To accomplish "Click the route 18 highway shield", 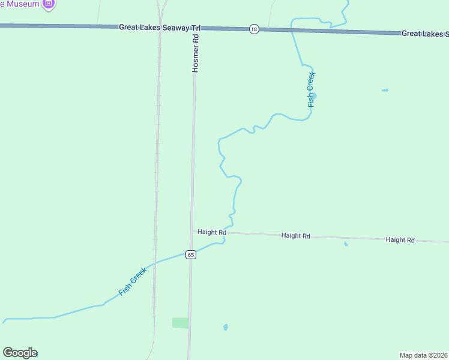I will [x=255, y=29].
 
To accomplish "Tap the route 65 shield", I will [x=190, y=254].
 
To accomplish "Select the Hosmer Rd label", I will [x=195, y=53].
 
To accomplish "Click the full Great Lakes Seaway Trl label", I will [x=159, y=28].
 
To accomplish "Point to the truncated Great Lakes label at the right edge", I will [x=425, y=34].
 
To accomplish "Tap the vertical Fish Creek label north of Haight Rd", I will [x=311, y=89].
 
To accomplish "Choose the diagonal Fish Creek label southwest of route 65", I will [x=133, y=281].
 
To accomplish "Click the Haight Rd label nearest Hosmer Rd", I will [x=212, y=232].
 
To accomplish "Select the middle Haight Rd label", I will [x=295, y=236].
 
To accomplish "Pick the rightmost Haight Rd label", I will [x=400, y=239].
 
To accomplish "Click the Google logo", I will [x=20, y=353].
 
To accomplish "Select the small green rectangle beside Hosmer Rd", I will [x=180, y=323].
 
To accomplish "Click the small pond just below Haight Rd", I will [x=346, y=244].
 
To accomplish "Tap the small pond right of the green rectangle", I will [x=225, y=327].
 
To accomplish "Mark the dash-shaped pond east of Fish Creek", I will [x=385, y=91].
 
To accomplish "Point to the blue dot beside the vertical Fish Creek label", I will [x=315, y=95].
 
